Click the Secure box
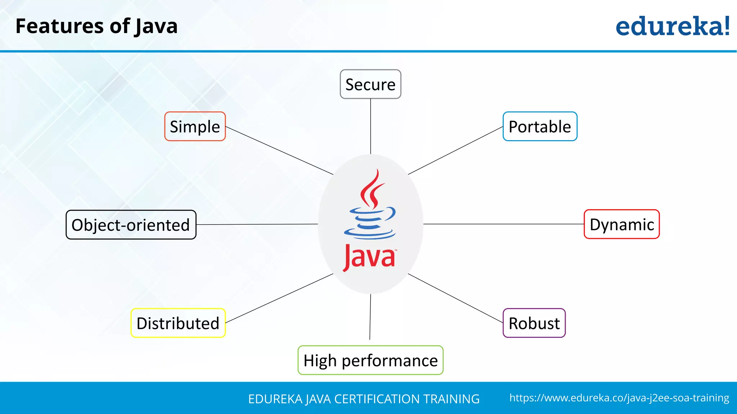370,84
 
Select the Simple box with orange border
195,126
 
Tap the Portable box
540,126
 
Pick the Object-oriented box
131,225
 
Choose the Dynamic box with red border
621,224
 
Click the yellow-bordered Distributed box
178,323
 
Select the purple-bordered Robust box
534,323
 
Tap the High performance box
370,360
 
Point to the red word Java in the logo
369,257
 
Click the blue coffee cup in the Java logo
370,223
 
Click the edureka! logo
672,27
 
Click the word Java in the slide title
156,27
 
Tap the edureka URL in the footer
619,398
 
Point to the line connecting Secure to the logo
370,126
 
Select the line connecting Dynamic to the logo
504,224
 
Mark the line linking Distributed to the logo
279,298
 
